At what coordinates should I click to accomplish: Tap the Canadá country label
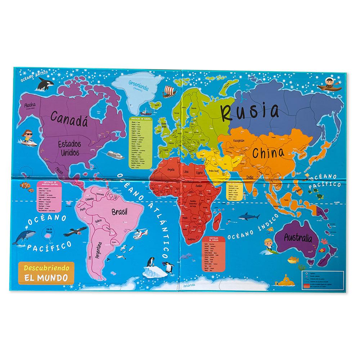coord(69,116)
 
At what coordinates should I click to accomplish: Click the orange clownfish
coord(24,185)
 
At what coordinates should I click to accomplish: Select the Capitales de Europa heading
coord(141,119)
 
